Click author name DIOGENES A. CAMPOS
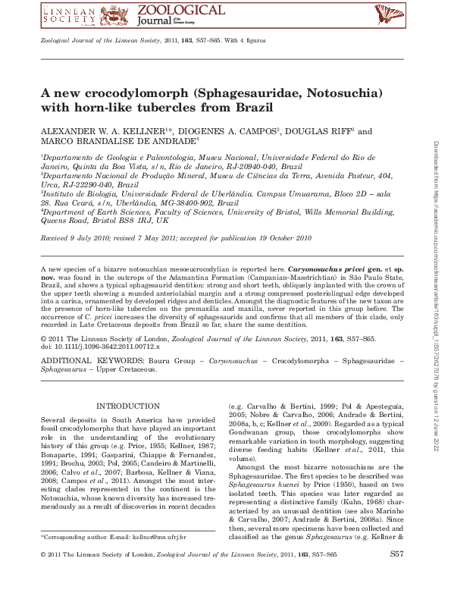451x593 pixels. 229,131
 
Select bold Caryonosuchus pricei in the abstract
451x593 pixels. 324,269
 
